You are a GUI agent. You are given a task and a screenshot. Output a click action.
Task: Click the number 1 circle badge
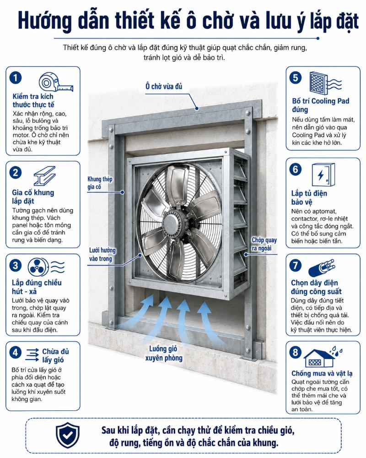pyautogui.click(x=16, y=78)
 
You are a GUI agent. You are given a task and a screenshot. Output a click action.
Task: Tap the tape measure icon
pyautogui.click(x=56, y=82)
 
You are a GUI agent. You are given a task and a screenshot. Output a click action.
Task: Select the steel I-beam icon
pyautogui.click(x=45, y=176)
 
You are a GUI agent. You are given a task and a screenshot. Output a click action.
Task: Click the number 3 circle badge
pyautogui.click(x=16, y=265)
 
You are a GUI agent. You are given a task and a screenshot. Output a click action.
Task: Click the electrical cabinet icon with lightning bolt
pyautogui.click(x=323, y=174)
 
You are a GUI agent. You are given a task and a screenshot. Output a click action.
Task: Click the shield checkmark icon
pyautogui.click(x=68, y=435)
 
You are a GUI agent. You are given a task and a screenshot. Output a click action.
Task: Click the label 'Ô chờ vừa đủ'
pyautogui.click(x=164, y=86)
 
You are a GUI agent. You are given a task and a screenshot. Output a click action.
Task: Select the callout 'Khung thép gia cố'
pyautogui.click(x=100, y=183)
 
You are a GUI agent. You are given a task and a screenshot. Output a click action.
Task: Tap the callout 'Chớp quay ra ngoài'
pyautogui.click(x=264, y=244)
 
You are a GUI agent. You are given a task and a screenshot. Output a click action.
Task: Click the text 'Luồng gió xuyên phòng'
pyautogui.click(x=164, y=353)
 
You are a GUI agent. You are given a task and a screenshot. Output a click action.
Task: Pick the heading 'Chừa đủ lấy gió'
pyautogui.click(x=55, y=355)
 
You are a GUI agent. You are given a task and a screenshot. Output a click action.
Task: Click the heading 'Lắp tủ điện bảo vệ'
pyautogui.click(x=309, y=197)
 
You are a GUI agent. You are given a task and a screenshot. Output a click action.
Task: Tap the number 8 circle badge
pyautogui.click(x=296, y=352)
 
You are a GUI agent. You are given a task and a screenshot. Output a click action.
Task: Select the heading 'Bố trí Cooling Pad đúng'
pyautogui.click(x=320, y=105)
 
